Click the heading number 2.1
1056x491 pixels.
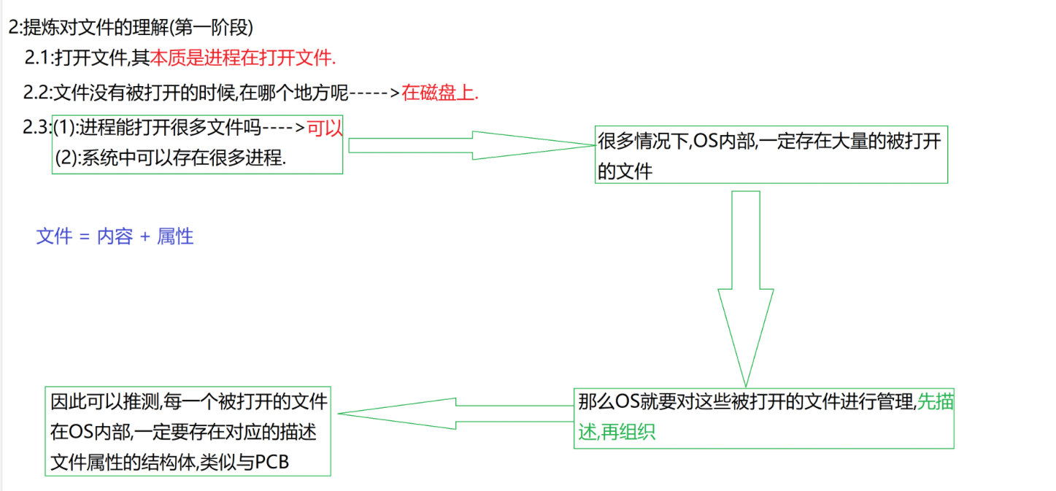38,56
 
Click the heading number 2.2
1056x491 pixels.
36,93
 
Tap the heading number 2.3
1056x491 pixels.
36,128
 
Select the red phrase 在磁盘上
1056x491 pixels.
439,93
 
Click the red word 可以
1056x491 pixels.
325,128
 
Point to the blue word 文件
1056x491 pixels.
54,236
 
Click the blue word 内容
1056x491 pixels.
115,236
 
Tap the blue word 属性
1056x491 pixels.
175,236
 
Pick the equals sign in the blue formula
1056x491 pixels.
84,237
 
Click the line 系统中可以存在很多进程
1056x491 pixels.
182,158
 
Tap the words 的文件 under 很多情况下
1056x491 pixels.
625,171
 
